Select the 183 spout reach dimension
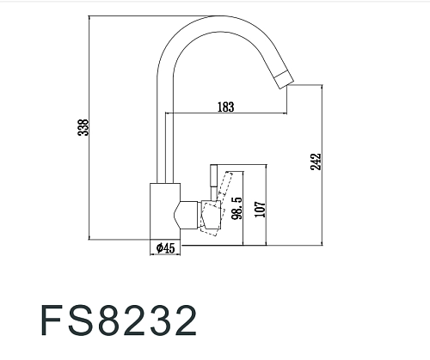(226, 107)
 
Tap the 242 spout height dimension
(315, 162)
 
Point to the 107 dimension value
(259, 209)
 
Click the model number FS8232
(118, 319)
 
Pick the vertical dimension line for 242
(322, 163)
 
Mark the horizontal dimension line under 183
(225, 114)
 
